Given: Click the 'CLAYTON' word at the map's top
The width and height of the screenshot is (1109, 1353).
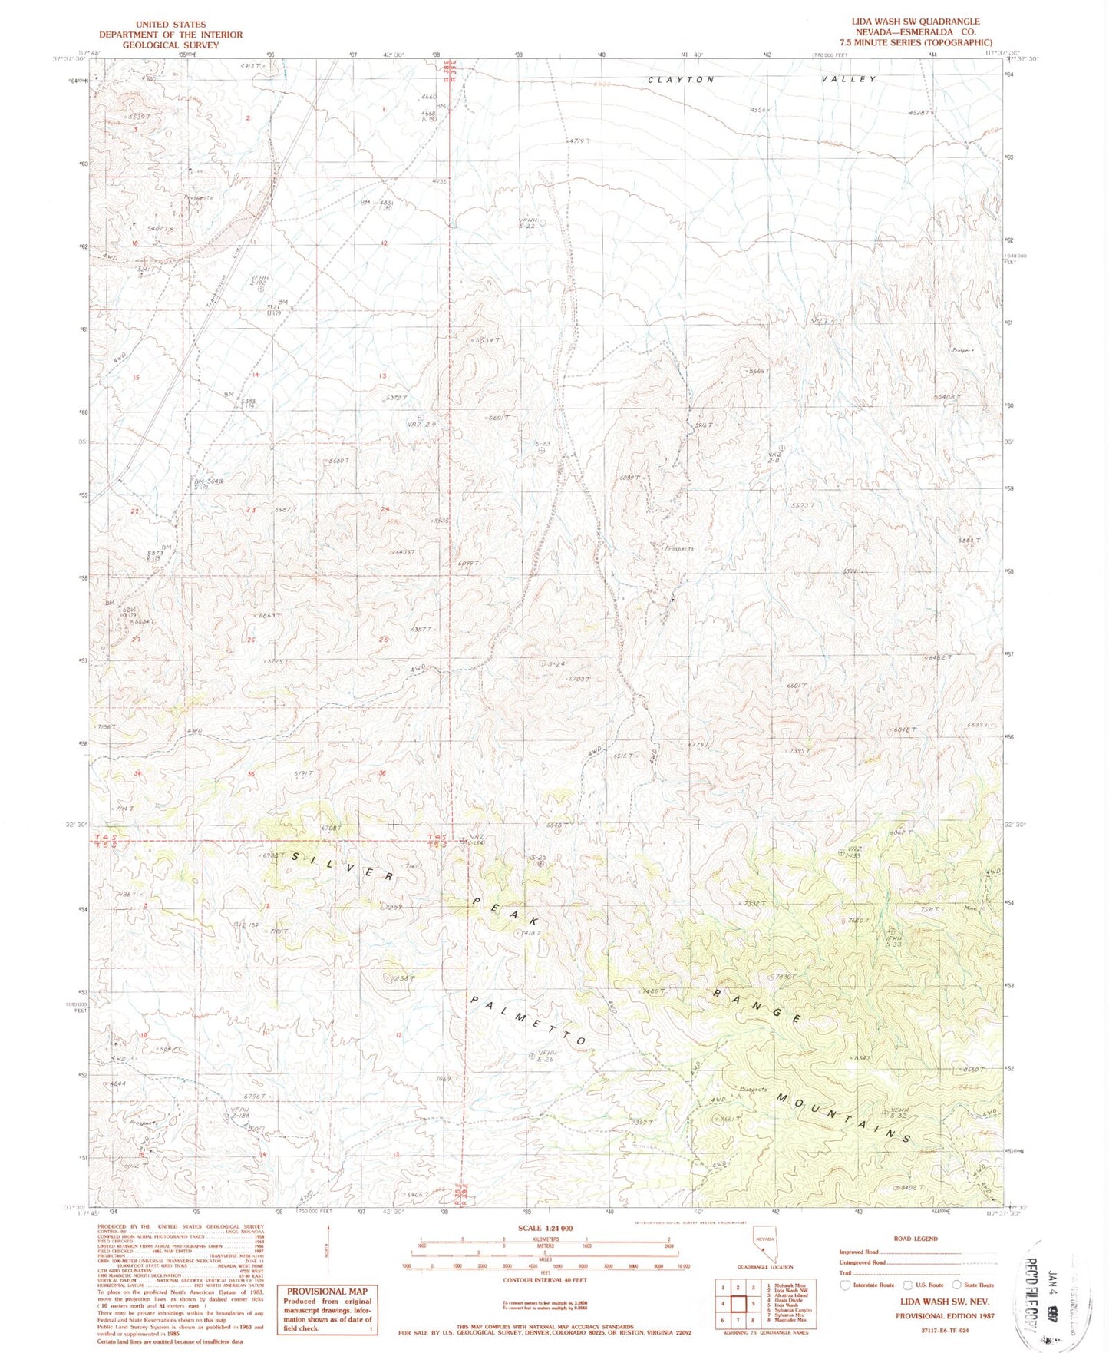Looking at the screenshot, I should click(x=681, y=80).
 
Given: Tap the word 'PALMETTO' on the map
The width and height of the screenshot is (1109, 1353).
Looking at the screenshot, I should click(x=529, y=1022).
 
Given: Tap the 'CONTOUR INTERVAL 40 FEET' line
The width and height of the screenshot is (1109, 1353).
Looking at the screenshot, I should click(x=545, y=1280).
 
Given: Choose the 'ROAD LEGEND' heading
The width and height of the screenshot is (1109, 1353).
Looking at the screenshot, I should click(x=916, y=1239).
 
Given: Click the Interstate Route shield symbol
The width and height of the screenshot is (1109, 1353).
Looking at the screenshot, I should click(x=846, y=1285).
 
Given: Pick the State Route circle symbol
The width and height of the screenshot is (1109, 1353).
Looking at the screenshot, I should click(x=957, y=1285).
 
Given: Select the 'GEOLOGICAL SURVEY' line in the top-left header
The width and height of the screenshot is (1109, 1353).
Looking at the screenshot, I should click(x=170, y=45).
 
